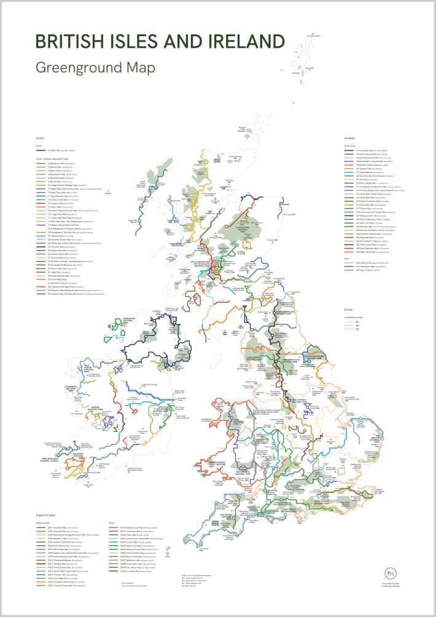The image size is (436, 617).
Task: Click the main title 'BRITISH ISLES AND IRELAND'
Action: tap(160, 41)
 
